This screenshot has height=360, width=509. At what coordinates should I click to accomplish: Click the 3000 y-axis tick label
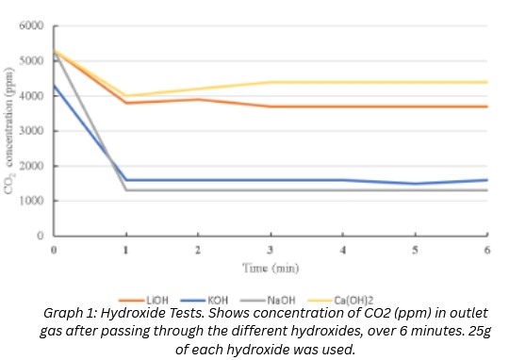coord(34,131)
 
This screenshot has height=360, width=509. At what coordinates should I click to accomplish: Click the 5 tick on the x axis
coord(416,250)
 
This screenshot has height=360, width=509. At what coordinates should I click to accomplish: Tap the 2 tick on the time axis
coord(198,250)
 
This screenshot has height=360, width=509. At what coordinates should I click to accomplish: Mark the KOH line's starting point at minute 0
coord(55,86)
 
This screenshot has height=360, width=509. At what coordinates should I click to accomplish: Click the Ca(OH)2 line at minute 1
coord(126,95)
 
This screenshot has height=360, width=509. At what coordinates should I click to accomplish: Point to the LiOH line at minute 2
coord(198,99)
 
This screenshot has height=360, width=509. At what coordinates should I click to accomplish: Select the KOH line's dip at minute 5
coord(416,184)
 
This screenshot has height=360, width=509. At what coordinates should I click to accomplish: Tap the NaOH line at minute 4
coord(343,190)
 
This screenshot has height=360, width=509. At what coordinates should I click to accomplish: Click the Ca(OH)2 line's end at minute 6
coord(487,82)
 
